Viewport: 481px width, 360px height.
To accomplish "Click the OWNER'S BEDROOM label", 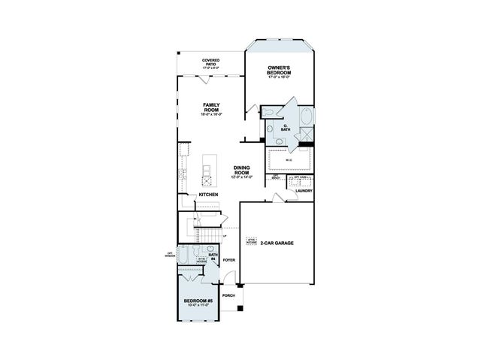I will (280, 70).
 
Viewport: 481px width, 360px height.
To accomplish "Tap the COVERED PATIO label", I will (210, 62).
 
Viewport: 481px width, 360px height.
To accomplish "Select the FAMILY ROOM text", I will (211, 107).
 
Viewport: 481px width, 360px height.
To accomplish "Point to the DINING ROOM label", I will (241, 170).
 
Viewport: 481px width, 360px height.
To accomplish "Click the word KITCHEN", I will (209, 195).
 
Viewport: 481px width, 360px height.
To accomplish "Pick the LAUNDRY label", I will (304, 191).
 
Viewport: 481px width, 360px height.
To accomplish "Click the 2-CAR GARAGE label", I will (277, 243).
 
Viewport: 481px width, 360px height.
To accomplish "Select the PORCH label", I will (228, 295).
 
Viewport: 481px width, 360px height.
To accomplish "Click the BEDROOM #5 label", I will (198, 301).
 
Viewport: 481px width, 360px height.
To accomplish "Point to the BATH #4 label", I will (213, 256).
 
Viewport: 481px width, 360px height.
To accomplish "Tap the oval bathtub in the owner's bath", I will (305, 118).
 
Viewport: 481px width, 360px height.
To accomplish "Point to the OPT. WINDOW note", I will (171, 254).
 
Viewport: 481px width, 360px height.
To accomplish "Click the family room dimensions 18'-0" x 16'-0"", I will (211, 115).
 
